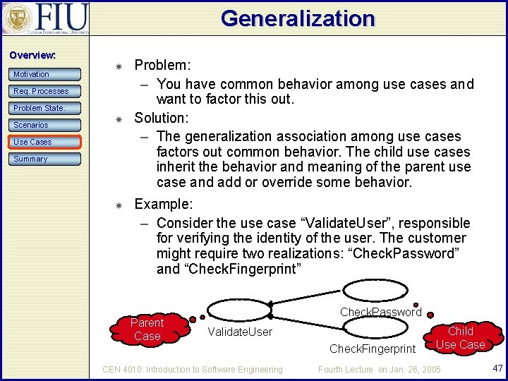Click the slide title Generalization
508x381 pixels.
coord(297,18)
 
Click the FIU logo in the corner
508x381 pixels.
coord(46,19)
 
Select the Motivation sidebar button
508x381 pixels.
coord(46,74)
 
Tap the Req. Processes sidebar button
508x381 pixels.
coord(46,91)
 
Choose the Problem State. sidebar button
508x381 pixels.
coord(46,108)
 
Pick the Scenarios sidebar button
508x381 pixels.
coord(46,125)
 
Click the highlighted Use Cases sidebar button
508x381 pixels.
coord(46,142)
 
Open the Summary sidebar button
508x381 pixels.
coord(46,159)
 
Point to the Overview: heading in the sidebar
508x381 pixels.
coord(32,55)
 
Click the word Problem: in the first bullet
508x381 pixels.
coord(162,65)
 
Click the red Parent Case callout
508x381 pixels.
coord(147,329)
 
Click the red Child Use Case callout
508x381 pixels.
coord(460,338)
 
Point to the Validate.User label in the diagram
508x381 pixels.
coord(240,332)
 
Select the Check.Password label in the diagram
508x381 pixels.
coord(380,312)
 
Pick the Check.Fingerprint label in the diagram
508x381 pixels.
coord(373,349)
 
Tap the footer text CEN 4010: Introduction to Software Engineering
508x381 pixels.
coord(193,369)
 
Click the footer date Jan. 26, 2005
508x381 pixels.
coord(416,369)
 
